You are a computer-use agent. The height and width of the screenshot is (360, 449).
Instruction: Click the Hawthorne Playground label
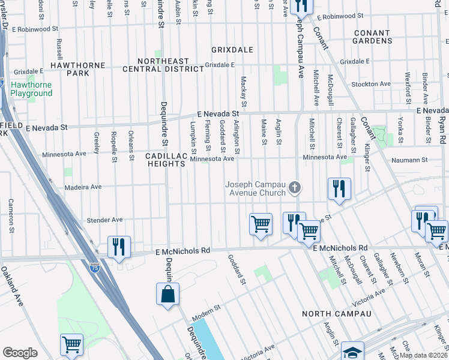[x=31, y=89]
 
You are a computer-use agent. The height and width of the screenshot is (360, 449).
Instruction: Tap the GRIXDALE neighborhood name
[x=232, y=50]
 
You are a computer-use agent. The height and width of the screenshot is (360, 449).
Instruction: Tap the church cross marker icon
[x=294, y=188]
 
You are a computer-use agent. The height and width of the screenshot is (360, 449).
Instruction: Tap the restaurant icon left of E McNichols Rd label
[x=119, y=247]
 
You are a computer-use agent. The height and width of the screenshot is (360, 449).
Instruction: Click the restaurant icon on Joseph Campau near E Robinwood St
[x=300, y=6]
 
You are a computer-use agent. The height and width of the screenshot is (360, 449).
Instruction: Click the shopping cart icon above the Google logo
[x=71, y=345]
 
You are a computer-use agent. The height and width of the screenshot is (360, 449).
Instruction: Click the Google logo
[x=20, y=353]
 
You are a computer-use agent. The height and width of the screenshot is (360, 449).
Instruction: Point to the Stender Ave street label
[x=105, y=220]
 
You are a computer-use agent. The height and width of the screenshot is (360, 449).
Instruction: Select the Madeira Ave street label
[x=83, y=187]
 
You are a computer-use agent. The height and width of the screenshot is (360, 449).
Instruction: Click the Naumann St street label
[x=409, y=160]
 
